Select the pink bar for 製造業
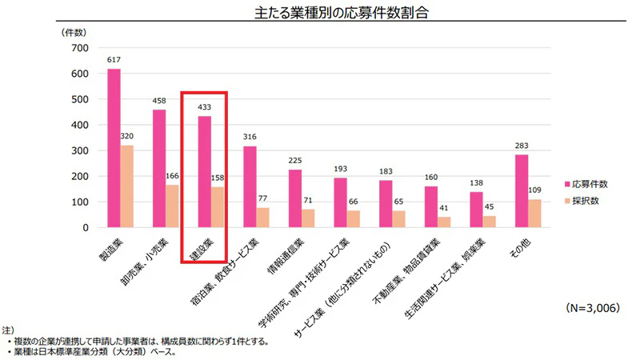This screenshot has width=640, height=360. point(114,148)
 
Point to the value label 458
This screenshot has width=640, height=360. point(159,102)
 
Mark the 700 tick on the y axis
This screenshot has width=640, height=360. point(78,48)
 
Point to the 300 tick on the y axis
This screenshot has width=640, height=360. point(78,150)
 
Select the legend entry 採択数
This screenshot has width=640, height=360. point(584,201)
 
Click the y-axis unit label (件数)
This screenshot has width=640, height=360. point(74,32)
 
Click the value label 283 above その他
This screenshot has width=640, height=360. point(522,146)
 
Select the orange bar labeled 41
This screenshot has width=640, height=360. point(445,222)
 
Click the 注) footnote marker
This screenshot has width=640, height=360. point(6,330)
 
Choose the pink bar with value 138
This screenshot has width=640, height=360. point(477,210)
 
